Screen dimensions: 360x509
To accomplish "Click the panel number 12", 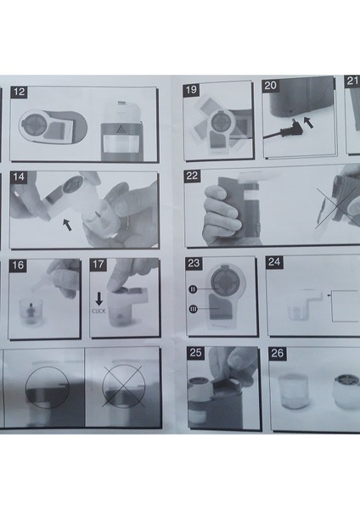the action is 19,92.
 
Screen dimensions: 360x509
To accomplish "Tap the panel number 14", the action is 19,177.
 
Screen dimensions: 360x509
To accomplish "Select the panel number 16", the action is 18,265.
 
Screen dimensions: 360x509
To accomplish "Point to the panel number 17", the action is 98,264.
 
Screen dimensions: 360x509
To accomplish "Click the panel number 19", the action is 191,89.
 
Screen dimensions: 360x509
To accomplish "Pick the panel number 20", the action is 270,86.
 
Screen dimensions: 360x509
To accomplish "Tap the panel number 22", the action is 192,176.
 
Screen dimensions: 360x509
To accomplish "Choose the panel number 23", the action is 194,263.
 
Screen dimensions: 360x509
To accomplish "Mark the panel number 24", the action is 274,261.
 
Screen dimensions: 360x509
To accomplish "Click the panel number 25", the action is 195,353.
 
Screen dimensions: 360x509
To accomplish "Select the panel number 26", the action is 277,353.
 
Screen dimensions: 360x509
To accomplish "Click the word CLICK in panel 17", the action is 98,311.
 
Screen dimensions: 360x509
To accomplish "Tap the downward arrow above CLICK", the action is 98,299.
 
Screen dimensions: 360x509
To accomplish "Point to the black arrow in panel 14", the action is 67,225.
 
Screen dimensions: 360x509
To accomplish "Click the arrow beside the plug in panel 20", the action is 308,122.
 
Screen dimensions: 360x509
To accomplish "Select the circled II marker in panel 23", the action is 193,289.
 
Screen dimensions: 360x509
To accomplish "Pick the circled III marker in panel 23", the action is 193,310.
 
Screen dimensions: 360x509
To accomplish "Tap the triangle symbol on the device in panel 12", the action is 121,130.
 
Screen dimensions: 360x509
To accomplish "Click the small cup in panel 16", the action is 31,312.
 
